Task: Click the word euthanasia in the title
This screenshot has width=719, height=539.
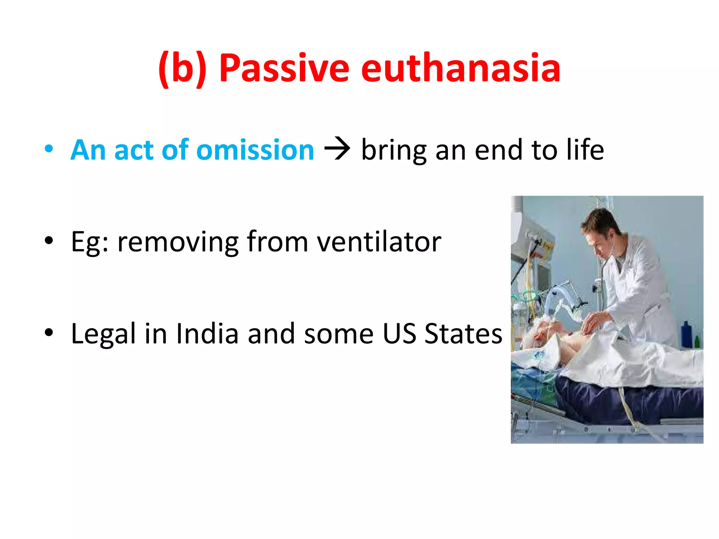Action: (461, 68)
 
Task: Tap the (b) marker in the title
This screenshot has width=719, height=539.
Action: (182, 68)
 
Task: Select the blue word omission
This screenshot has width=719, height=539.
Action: (255, 150)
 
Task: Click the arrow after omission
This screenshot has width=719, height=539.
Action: (337, 149)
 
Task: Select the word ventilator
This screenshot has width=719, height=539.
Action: (379, 242)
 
